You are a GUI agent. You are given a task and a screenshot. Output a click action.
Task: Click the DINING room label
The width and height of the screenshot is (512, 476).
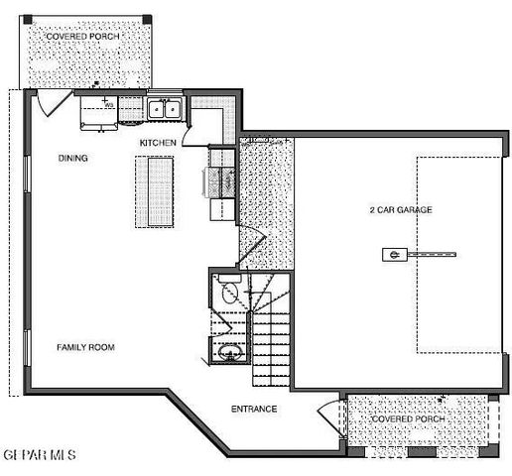[x=72, y=158]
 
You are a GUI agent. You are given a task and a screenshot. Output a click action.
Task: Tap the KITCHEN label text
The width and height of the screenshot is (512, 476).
[x=158, y=144]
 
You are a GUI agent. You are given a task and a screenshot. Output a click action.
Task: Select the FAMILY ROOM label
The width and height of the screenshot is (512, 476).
[x=85, y=347]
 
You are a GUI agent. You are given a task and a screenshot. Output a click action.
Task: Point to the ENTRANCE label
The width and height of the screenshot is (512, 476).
[x=254, y=410]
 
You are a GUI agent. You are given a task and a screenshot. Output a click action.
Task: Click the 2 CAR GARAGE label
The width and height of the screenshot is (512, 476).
[x=400, y=210]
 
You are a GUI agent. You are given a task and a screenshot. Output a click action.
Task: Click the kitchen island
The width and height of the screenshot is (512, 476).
[x=156, y=191]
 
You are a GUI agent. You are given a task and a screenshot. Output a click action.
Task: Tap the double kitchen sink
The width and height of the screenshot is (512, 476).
[x=165, y=108]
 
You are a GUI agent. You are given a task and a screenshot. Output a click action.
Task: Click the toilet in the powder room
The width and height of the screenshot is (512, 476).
[x=228, y=292]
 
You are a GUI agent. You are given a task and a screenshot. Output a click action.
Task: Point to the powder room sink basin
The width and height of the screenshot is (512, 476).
[x=231, y=351]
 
